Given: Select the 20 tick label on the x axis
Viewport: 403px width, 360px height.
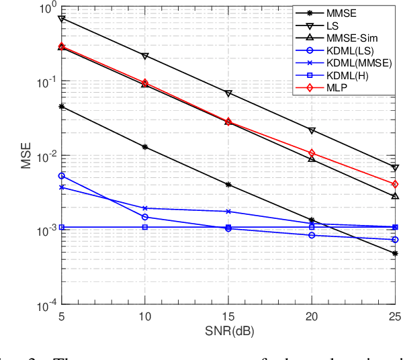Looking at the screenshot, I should (x=312, y=316).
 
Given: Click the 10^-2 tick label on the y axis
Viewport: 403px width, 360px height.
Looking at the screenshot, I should (x=47, y=156).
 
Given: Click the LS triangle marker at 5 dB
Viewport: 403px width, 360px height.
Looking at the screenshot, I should (x=62, y=19).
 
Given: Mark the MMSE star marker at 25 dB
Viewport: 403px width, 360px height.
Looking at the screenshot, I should (x=395, y=254).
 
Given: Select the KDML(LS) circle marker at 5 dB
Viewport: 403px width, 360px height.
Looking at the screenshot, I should (x=62, y=176).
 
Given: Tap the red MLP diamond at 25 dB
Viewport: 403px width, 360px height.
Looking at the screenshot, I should (x=395, y=184).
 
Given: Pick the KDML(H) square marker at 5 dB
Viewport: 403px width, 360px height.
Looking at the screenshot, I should (x=62, y=228).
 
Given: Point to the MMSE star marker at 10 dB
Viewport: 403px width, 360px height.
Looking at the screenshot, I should (x=145, y=147).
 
